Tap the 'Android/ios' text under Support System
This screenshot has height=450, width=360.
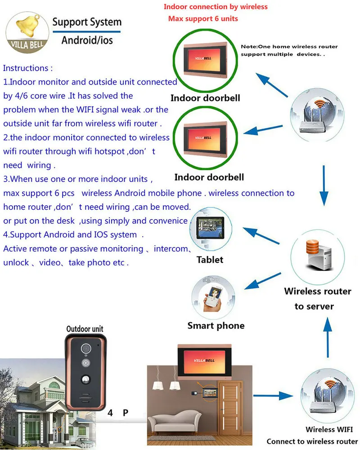87,40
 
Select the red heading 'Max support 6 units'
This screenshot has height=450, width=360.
203,19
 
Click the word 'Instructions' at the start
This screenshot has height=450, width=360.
27,68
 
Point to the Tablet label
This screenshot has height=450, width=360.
210,260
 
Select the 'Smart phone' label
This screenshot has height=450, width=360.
216,325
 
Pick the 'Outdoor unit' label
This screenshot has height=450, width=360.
85,329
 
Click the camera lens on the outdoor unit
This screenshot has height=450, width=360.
85,349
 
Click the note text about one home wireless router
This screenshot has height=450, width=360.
289,50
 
